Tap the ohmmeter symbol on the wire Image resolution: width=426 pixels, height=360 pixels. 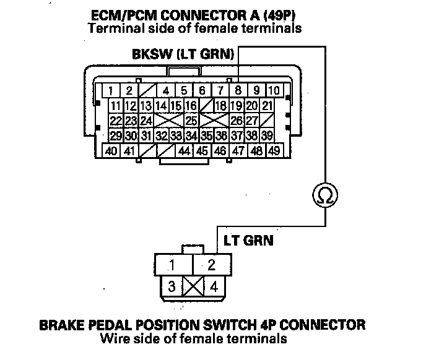tap(325, 195)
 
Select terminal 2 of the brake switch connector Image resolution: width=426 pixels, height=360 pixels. tap(211, 265)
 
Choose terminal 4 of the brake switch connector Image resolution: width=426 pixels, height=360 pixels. tap(213, 286)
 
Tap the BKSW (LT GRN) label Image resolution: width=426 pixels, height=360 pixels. tap(183, 54)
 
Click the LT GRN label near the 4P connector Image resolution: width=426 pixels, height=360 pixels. tap(244, 238)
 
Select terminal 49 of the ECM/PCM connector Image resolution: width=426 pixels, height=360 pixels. tap(274, 150)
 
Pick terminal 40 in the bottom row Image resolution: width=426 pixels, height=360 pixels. tap(111, 150)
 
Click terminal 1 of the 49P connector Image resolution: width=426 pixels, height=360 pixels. tap(110, 91)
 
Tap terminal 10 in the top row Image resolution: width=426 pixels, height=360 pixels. tap(273, 91)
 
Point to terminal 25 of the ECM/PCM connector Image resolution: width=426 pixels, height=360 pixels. tap(191, 120)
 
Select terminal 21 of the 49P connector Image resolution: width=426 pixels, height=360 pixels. tap(267, 105)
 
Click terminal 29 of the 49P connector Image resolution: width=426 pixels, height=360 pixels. tap(115, 135)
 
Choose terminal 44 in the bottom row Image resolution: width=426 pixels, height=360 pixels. tap(185, 150)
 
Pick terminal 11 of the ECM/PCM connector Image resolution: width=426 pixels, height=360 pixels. tap(115, 105)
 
